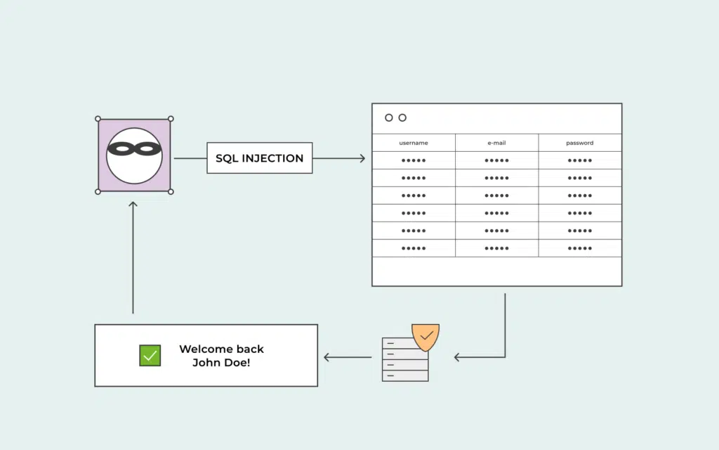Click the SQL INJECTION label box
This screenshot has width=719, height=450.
[260, 158]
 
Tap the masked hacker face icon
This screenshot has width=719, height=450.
[134, 155]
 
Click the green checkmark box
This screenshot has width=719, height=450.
[150, 355]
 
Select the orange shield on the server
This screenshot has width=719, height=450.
[426, 337]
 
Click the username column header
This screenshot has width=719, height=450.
[414, 143]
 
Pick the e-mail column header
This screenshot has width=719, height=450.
[496, 143]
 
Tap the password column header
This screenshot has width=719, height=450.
[579, 143]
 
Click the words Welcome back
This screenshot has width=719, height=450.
[221, 349]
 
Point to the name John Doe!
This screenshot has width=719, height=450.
[221, 363]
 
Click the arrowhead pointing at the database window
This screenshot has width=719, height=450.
[363, 158]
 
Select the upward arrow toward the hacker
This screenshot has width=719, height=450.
[133, 257]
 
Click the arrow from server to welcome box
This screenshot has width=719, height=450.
[348, 357]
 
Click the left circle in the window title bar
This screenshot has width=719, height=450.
[389, 117]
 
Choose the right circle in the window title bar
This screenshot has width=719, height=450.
[402, 117]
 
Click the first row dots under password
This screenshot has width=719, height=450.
[579, 160]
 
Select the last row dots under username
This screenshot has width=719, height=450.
[414, 248]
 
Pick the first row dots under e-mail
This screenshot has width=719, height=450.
[496, 160]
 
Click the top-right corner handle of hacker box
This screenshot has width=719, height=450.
[171, 119]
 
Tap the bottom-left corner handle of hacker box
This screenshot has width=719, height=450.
[98, 191]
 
